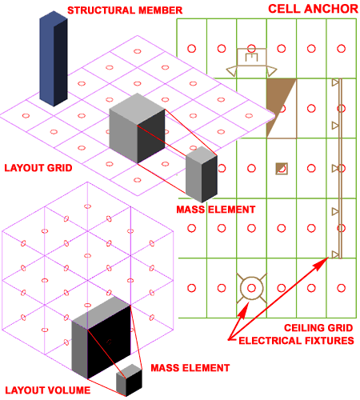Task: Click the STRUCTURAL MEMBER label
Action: [125, 10]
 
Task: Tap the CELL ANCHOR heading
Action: [313, 9]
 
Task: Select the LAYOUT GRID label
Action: [38, 168]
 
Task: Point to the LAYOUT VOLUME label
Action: [48, 390]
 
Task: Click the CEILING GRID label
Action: [318, 328]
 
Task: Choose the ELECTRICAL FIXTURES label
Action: [296, 341]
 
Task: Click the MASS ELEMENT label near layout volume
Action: [190, 368]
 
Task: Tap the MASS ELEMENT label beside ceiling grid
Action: [216, 210]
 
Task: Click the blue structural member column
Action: [54, 58]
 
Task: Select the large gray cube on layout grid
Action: [137, 128]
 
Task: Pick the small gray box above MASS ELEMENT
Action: [202, 174]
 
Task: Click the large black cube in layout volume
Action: [102, 338]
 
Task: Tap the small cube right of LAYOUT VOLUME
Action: [129, 380]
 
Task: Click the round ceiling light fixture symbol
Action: [251, 278]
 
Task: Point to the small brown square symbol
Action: [282, 169]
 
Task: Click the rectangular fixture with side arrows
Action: [251, 62]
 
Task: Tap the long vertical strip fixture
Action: [340, 169]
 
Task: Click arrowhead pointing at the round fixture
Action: [244, 310]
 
